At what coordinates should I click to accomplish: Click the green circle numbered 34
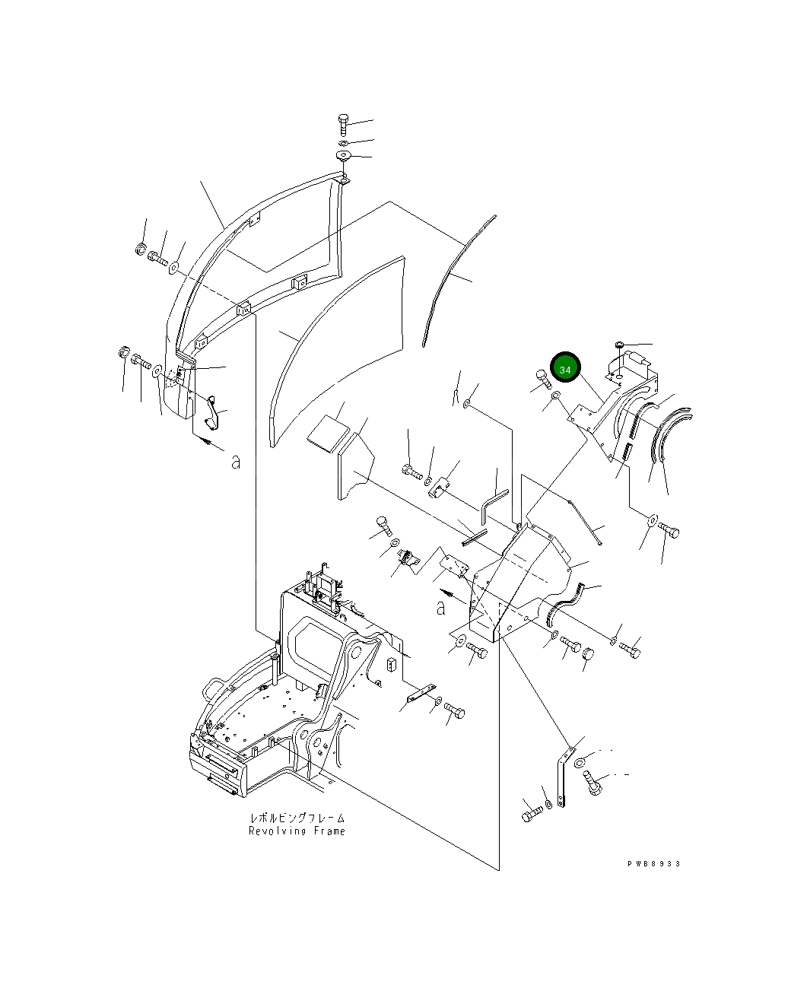[x=565, y=369]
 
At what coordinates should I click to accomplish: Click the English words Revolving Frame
[x=297, y=831]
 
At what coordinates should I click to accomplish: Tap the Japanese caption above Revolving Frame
[x=297, y=818]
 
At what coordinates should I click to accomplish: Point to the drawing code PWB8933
[x=653, y=864]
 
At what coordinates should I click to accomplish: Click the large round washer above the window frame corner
[x=344, y=156]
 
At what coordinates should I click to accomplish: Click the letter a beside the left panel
[x=236, y=461]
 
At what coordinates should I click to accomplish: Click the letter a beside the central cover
[x=440, y=607]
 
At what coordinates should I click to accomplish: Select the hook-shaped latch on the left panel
[x=213, y=411]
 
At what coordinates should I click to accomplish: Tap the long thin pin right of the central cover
[x=586, y=519]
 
